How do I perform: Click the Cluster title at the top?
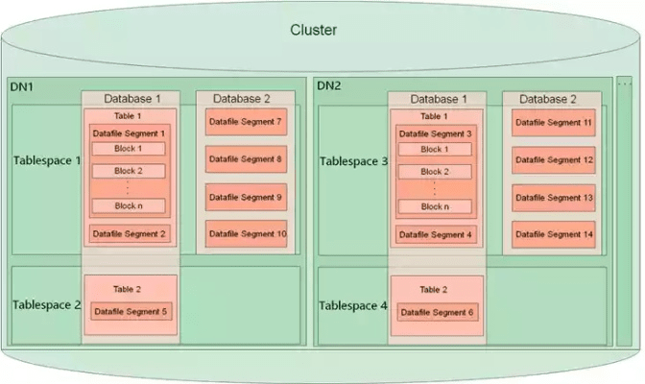(314, 31)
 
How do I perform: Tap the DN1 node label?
(23, 86)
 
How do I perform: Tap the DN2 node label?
(329, 86)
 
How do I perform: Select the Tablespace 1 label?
(47, 160)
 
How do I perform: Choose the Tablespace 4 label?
(353, 305)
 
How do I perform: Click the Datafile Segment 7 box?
(245, 123)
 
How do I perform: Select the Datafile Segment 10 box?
(245, 234)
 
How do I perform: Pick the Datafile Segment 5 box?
(130, 311)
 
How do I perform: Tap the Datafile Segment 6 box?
(436, 312)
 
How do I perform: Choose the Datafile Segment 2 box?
(130, 233)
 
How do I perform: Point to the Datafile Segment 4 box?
(436, 234)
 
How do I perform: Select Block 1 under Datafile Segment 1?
(128, 149)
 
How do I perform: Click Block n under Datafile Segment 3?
(435, 206)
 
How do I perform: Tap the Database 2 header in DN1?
(242, 98)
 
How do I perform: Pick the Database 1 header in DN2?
(440, 99)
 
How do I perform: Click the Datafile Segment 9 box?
(245, 197)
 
